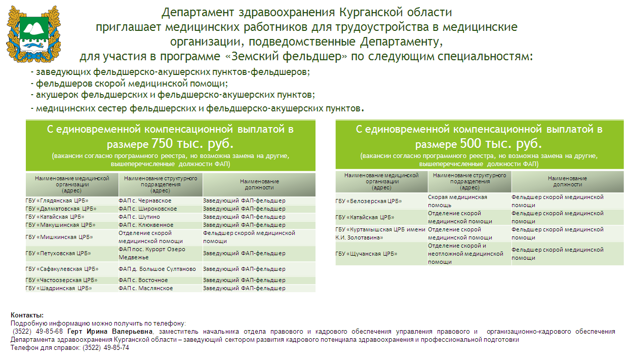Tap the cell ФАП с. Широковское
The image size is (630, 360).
[x=148, y=209]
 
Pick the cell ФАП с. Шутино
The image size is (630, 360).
[x=139, y=217]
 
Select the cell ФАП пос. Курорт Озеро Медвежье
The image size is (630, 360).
[x=152, y=253]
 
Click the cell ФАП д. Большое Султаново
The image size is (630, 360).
[x=157, y=269]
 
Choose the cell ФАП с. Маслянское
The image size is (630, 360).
[x=146, y=288]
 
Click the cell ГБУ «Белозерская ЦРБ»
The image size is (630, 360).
[x=369, y=201]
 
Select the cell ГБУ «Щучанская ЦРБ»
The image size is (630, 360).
[x=367, y=254]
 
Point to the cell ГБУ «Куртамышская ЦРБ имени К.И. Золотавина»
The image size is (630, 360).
[x=380, y=233]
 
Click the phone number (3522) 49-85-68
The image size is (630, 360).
[x=38, y=332]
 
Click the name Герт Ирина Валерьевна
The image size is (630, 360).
[x=109, y=332]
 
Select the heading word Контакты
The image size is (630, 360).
[x=27, y=315]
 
